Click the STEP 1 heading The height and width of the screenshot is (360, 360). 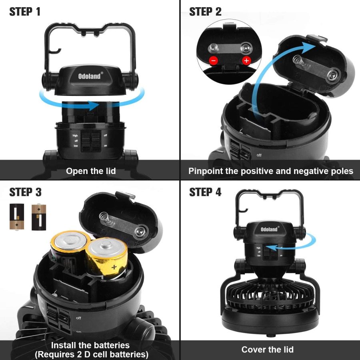click(25, 12)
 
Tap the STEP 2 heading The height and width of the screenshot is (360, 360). click(205, 12)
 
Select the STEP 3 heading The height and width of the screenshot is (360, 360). click(25, 192)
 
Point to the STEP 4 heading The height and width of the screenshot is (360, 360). click(205, 192)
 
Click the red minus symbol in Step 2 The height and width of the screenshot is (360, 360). click(214, 61)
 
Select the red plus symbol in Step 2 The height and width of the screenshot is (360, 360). click(246, 61)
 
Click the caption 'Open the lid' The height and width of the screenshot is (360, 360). click(91, 171)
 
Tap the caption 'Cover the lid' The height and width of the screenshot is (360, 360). click(267, 349)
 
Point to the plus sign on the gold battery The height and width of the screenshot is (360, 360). click(114, 266)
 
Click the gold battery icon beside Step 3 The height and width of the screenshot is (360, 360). click(39, 217)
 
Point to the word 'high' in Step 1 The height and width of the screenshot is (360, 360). click(75, 136)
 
